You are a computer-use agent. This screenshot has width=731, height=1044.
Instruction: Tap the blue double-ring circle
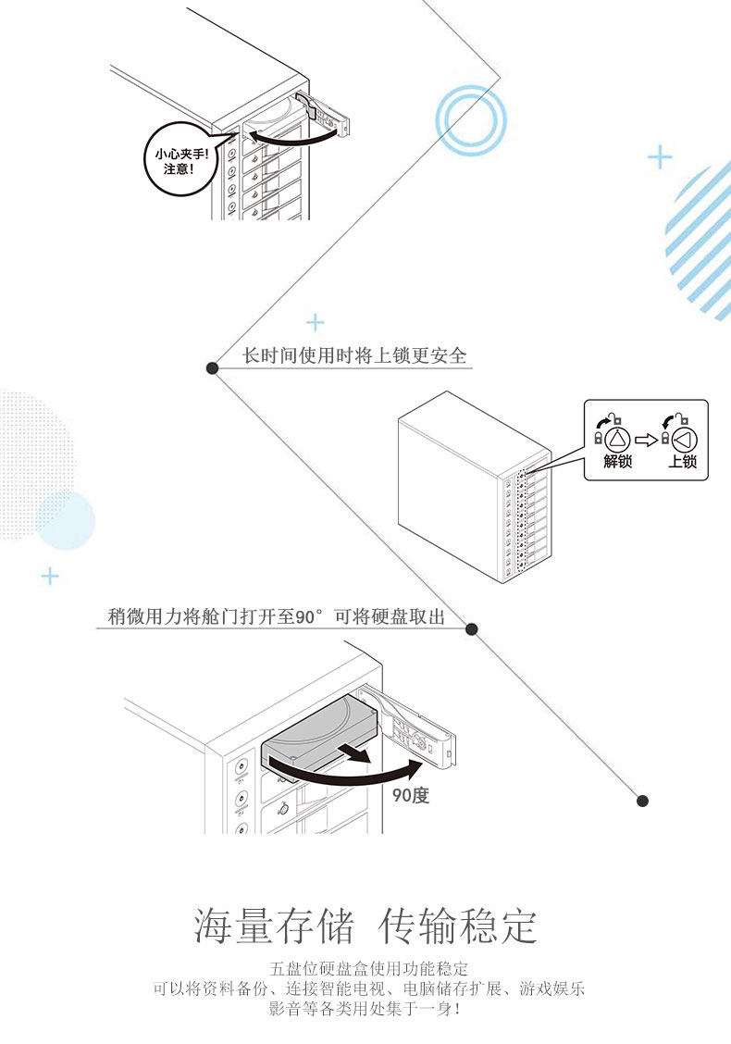click(471, 118)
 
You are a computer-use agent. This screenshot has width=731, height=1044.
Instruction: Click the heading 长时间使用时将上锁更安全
click(354, 355)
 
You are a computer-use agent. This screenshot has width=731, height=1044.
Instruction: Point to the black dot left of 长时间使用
click(212, 368)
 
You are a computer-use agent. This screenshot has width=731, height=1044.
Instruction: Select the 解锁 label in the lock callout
click(617, 461)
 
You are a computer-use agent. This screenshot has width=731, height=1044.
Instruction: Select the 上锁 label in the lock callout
click(682, 461)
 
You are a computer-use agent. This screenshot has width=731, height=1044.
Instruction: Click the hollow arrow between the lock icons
click(650, 438)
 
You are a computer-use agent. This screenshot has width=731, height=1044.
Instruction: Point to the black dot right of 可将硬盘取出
click(471, 629)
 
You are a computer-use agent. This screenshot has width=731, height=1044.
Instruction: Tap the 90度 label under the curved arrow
click(410, 794)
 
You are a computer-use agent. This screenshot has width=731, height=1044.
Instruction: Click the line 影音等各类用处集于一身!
click(365, 1008)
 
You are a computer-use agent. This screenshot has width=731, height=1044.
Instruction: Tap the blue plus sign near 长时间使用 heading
click(316, 322)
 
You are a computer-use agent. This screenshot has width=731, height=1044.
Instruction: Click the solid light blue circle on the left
click(65, 521)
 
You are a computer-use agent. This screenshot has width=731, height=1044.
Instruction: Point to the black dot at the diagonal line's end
click(643, 801)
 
